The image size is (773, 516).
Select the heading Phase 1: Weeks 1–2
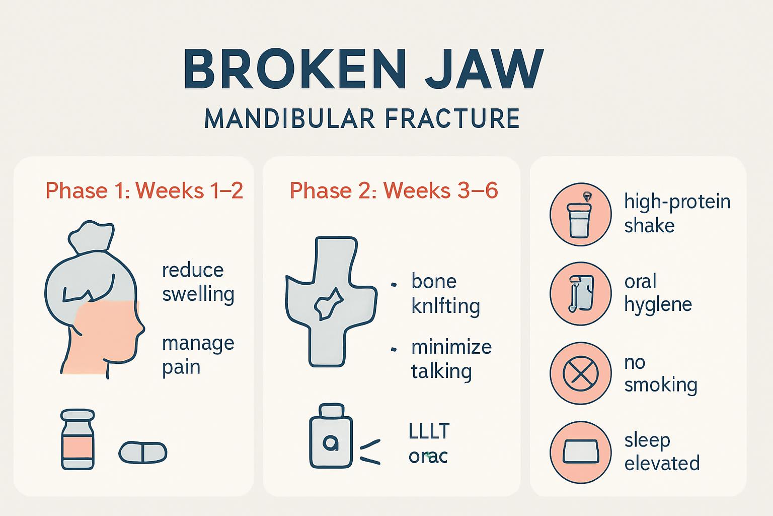click(144, 191)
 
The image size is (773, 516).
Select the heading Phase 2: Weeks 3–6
click(394, 191)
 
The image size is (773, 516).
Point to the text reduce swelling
click(198, 282)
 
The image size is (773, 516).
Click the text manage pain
click(198, 355)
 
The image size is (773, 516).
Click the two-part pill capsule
click(143, 452)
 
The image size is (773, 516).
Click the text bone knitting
click(445, 293)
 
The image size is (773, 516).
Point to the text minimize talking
click(451, 359)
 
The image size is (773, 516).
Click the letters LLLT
click(429, 432)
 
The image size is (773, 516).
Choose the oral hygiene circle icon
click(580, 294)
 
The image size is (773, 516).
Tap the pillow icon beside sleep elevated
click(580, 451)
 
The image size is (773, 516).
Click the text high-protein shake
click(677, 213)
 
